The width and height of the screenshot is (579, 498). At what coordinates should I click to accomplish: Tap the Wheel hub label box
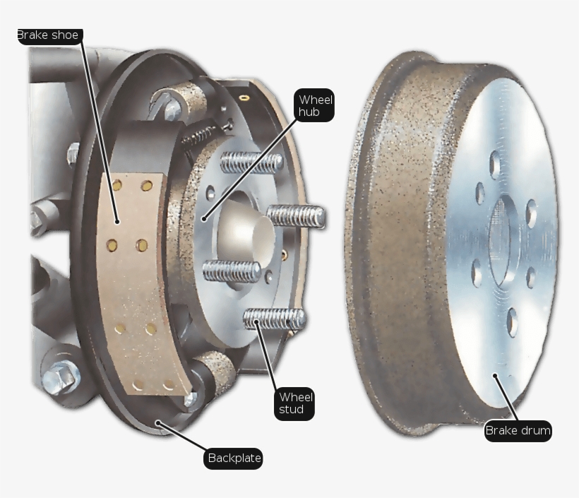coord(315,105)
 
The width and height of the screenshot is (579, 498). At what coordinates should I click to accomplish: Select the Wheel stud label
coord(294,403)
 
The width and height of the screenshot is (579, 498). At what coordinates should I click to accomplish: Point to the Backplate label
coord(234,458)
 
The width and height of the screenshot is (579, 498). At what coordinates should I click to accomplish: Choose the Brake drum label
coord(518,430)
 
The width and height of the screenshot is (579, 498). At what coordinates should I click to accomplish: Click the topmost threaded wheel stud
coord(251,162)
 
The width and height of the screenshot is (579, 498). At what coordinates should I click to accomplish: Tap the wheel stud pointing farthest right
coord(296,216)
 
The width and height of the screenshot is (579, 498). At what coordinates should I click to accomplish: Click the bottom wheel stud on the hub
coord(275,319)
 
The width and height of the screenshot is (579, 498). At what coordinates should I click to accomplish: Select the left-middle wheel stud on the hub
coord(232,271)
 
